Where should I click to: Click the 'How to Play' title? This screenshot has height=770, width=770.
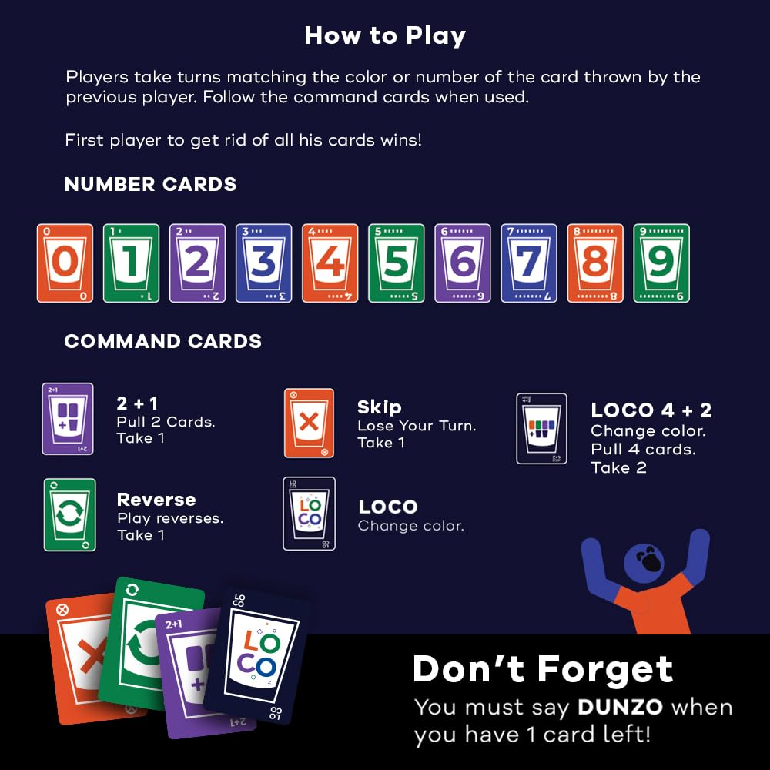tap(385, 35)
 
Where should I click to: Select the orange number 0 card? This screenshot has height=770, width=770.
tap(65, 263)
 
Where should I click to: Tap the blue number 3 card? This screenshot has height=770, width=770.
tap(263, 263)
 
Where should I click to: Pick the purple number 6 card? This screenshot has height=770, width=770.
tap(462, 263)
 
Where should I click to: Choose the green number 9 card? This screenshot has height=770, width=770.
tap(661, 263)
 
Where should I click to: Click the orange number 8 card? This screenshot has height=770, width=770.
tap(594, 263)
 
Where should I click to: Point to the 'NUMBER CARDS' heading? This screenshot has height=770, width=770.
tap(150, 185)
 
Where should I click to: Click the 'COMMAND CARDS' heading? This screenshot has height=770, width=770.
tap(162, 342)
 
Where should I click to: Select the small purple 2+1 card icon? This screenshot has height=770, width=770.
tap(68, 419)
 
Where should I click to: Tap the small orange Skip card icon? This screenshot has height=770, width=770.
tap(309, 423)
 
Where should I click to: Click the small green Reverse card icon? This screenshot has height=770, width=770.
tap(69, 514)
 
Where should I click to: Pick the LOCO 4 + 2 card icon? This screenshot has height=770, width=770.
tap(541, 429)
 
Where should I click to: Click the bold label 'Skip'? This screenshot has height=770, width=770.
tap(379, 407)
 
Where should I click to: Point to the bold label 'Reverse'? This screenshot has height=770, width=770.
tap(156, 500)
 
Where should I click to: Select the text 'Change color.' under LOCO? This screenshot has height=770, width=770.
tap(410, 527)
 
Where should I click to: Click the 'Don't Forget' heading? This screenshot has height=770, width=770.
tap(543, 669)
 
